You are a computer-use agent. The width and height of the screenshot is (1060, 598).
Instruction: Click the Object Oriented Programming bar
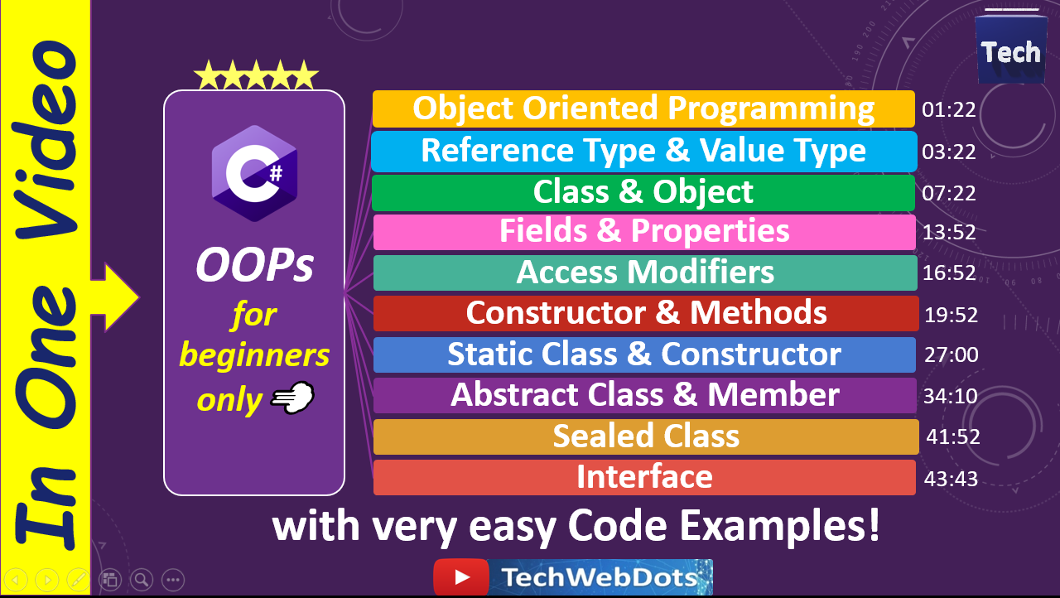pos(643,109)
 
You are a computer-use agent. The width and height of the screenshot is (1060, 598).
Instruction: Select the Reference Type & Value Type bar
pos(643,151)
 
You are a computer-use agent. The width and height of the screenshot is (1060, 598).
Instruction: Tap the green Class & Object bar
pos(643,192)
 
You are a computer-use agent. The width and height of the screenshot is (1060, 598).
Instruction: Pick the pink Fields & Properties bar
pos(643,232)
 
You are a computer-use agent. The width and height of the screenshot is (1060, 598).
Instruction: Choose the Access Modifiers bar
pos(643,272)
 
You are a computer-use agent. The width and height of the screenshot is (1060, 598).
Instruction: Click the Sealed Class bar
pos(646,436)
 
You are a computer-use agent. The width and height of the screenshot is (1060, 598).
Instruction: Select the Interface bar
pos(644,477)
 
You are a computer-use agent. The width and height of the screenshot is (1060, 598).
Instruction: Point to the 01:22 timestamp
pos(949,110)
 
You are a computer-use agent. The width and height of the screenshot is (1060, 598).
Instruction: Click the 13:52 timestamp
pos(949,233)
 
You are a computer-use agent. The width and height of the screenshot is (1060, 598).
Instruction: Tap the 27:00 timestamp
pos(952,355)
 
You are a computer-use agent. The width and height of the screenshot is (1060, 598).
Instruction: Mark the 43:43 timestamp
pos(952,479)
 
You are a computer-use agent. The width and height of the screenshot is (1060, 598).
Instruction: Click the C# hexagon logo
pos(254,173)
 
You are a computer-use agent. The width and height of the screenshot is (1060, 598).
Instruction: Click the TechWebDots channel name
pos(600,577)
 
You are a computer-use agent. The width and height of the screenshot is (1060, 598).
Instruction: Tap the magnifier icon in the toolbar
pos(142,580)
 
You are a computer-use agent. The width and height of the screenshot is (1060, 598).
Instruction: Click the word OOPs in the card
pos(254,265)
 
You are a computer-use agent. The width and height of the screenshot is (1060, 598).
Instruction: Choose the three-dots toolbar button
pos(172,580)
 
